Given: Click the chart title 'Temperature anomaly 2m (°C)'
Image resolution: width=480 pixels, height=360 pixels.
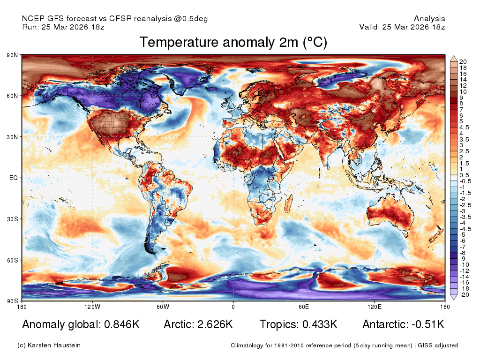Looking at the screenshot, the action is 233,42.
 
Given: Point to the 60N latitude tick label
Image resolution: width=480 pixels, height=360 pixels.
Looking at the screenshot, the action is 12,96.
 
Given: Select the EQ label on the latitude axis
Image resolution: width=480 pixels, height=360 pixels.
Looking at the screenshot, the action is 14,178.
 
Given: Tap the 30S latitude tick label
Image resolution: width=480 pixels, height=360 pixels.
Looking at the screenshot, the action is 12,219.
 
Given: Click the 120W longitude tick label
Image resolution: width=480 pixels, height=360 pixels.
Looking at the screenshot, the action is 92,307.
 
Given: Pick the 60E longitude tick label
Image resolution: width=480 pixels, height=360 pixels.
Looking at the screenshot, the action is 304,307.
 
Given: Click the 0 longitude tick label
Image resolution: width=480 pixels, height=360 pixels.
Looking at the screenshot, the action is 233,307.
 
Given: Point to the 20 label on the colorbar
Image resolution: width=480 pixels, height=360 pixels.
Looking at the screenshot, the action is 463,62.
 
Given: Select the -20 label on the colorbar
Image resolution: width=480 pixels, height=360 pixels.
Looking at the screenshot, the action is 464,295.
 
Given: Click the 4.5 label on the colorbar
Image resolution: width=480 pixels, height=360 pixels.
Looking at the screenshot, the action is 464,127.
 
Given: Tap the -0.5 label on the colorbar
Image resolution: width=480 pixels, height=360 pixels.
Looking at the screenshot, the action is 465,181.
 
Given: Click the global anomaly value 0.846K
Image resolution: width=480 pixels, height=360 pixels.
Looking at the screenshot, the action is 122,324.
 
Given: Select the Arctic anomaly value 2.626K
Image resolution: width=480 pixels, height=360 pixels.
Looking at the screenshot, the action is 215,324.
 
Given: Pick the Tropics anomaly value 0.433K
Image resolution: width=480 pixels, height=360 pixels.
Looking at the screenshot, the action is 320,324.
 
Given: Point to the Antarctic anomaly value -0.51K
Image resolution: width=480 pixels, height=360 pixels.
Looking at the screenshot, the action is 428,324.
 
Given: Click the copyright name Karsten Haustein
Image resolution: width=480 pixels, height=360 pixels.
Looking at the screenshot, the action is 54,345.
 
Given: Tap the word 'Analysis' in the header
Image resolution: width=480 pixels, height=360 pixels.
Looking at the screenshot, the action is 429,19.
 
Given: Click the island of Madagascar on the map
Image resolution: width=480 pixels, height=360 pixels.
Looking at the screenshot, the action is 289,203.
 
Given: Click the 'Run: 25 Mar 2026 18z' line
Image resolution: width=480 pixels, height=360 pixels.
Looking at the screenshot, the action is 63,27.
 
